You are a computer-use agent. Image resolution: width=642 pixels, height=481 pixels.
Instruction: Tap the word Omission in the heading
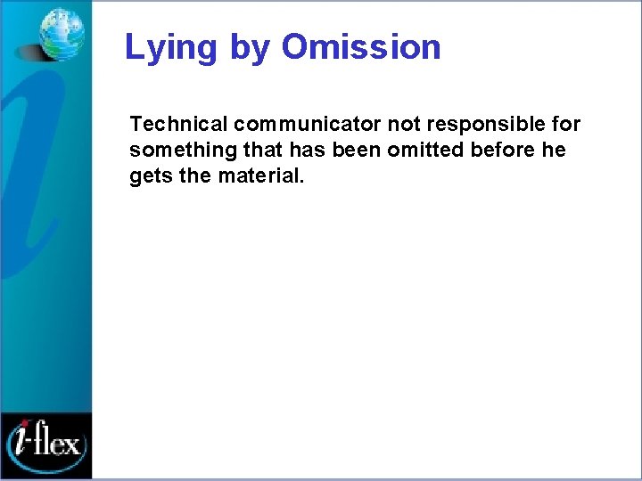[x=361, y=47]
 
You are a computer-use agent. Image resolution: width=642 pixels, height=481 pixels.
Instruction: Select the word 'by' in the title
[x=251, y=47]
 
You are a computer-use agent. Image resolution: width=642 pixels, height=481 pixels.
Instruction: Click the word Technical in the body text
[x=178, y=123]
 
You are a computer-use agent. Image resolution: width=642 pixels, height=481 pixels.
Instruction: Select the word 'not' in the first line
[x=403, y=123]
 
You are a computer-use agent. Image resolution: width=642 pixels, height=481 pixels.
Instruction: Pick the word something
[x=178, y=150]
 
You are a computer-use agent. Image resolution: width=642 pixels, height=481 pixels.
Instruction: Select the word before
[x=504, y=150]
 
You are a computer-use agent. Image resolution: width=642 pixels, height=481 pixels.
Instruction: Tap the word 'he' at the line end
[x=554, y=150]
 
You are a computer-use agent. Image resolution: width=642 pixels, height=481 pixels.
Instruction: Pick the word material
[x=258, y=176]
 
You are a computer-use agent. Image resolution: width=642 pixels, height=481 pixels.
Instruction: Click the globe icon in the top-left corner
[x=62, y=33]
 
